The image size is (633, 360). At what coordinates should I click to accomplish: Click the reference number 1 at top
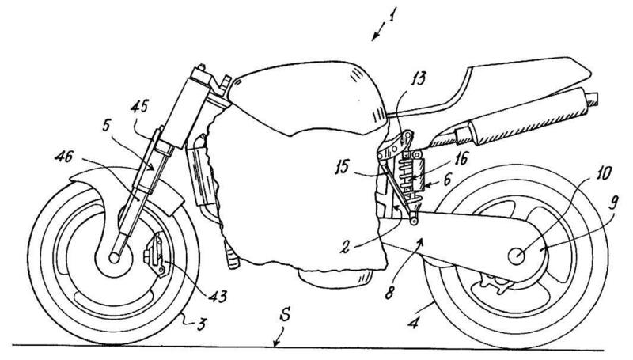coord(388,14)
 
